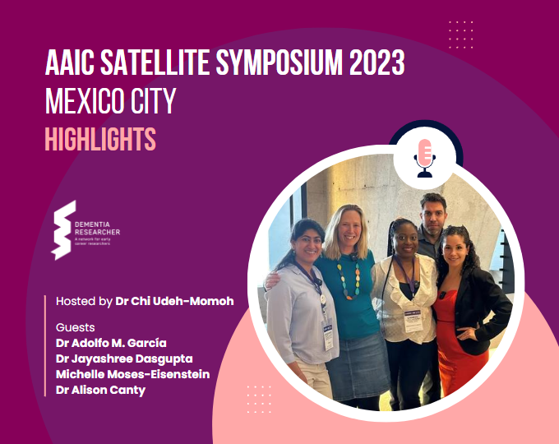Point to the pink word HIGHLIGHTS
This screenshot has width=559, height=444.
(x=99, y=139)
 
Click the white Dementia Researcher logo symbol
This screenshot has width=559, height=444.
(x=63, y=229)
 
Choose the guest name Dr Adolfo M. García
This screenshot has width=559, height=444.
(x=111, y=343)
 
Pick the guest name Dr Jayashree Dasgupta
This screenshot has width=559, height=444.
(x=123, y=358)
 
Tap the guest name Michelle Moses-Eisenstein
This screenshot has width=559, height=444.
(x=132, y=374)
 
